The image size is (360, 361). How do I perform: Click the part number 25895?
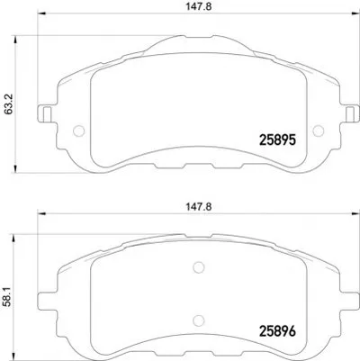pyautogui.click(x=278, y=140)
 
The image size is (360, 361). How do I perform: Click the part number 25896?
pyautogui.click(x=277, y=331)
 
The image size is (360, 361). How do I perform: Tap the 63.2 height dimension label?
pyautogui.click(x=9, y=104)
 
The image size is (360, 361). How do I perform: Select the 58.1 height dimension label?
pyautogui.click(x=8, y=296)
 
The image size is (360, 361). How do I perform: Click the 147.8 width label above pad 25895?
pyautogui.click(x=198, y=6)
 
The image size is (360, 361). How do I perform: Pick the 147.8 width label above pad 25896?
pyautogui.click(x=198, y=207)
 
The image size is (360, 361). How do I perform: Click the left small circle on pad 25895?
pyautogui.click(x=79, y=131)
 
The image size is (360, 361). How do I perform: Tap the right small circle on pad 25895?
pyautogui.click(x=319, y=131)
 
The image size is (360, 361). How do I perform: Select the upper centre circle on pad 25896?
pyautogui.click(x=199, y=267)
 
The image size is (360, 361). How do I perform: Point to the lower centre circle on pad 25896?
pyautogui.click(x=199, y=320)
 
